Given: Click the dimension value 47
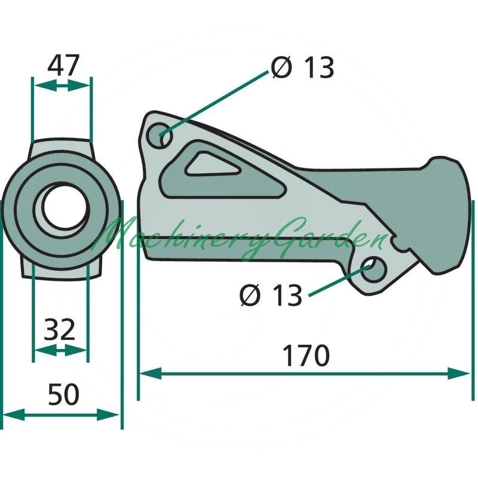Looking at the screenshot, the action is pyautogui.click(x=63, y=65).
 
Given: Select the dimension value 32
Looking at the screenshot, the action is pyautogui.click(x=59, y=329).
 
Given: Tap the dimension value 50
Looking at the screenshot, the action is pyautogui.click(x=64, y=394).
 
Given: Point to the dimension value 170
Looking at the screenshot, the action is pyautogui.click(x=306, y=356).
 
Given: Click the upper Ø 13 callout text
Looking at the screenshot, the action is pyautogui.click(x=303, y=68).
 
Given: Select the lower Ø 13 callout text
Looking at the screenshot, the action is pyautogui.click(x=271, y=295).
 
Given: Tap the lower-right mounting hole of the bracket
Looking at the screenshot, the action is pyautogui.click(x=372, y=269).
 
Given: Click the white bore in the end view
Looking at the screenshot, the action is pyautogui.click(x=66, y=207).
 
